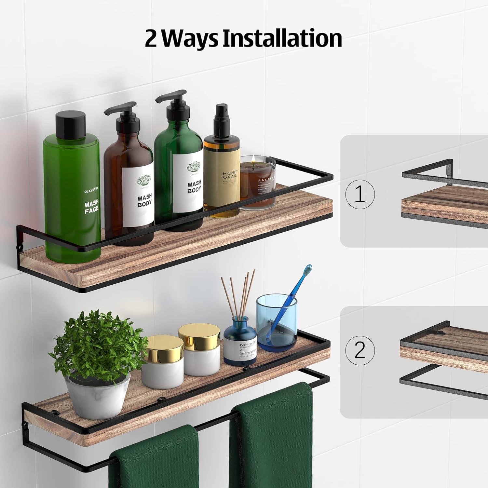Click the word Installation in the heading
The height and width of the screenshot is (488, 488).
coord(281,38)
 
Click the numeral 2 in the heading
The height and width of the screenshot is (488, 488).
coord(151,39)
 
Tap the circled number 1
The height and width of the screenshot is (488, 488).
coord(360,195)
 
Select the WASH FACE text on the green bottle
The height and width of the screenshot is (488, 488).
coord(91,208)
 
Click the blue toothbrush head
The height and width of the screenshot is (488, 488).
coord(307,271)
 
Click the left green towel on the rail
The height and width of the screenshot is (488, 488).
coord(153,459)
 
